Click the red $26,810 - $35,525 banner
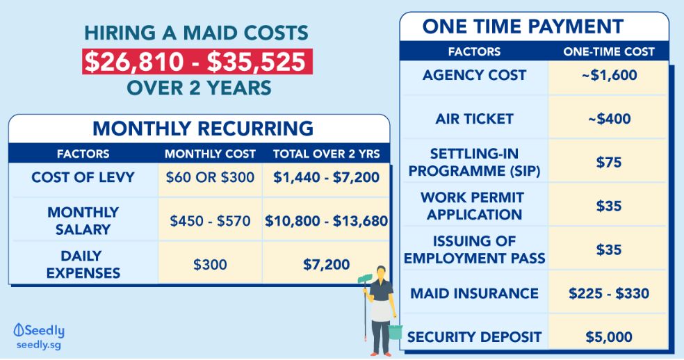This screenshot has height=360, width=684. click(197, 62)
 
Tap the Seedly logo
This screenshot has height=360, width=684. click(39, 336)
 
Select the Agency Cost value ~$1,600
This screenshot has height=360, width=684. click(609, 75)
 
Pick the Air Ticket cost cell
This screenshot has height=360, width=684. click(609, 119)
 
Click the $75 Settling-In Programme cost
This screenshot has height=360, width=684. click(608, 163)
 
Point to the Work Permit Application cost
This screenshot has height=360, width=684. click(608, 206)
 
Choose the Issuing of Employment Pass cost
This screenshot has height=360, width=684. click(608, 249)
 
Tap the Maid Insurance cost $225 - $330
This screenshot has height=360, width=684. click(609, 293)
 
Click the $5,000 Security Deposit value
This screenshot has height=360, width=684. click(609, 337)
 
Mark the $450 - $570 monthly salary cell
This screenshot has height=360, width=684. click(210, 221)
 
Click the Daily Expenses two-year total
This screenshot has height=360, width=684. click(326, 264)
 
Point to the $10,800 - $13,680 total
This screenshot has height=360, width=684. click(326, 221)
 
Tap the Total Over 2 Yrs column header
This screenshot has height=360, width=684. click(326, 154)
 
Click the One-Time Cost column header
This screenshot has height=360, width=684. click(609, 51)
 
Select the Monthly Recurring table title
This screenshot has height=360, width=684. click(203, 129)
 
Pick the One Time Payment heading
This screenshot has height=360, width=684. click(523, 26)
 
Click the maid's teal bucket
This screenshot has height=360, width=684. click(396, 332)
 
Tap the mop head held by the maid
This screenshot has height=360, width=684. click(365, 279)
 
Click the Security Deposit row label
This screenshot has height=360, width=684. click(475, 337)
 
